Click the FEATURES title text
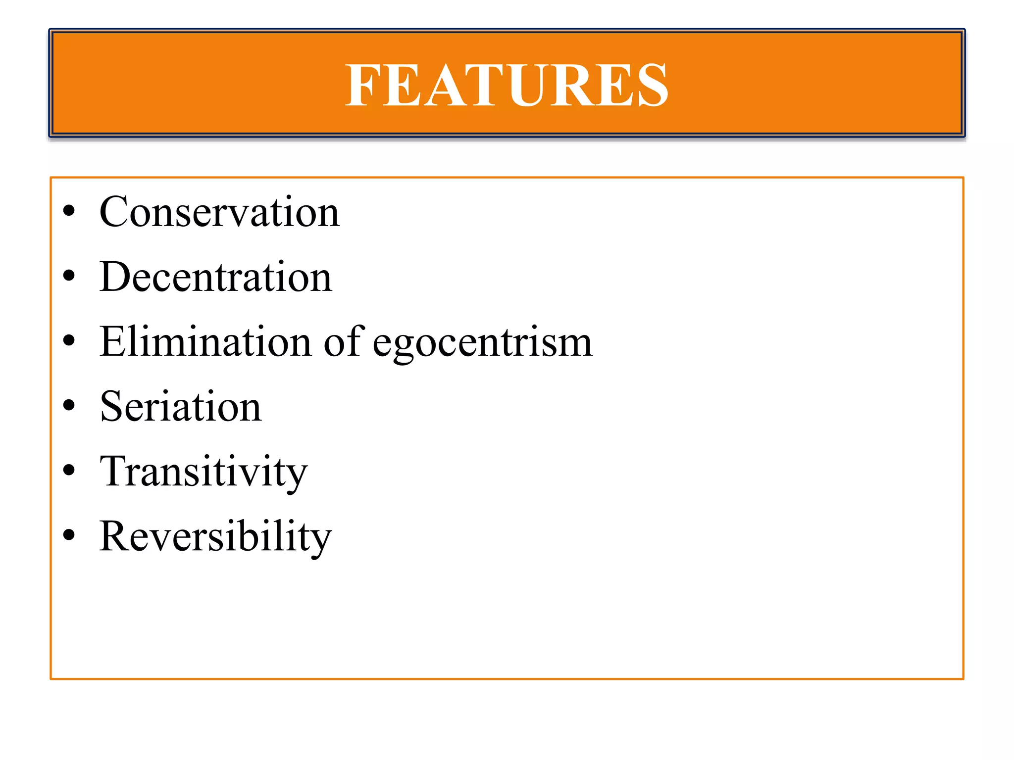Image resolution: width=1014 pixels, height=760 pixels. pos(507,85)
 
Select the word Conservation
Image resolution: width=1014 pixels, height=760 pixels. pos(219,212)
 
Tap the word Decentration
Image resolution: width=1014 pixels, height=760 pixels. pos(215,277)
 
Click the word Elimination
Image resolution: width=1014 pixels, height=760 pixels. pos(205,341)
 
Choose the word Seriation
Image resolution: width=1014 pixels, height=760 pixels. pos(181,406)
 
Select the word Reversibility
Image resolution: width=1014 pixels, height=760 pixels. pos(215,536)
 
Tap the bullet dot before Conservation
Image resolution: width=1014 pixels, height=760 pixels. pos(69,211)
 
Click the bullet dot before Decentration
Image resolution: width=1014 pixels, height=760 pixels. pos(69,276)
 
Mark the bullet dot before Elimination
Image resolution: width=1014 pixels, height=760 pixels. pos(69,340)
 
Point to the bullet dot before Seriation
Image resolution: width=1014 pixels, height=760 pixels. pos(69,405)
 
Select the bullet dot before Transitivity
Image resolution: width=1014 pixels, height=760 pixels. pos(69,470)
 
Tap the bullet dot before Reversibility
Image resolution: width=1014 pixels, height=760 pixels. pos(69,535)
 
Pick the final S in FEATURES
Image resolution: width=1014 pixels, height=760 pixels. pos(652,85)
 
